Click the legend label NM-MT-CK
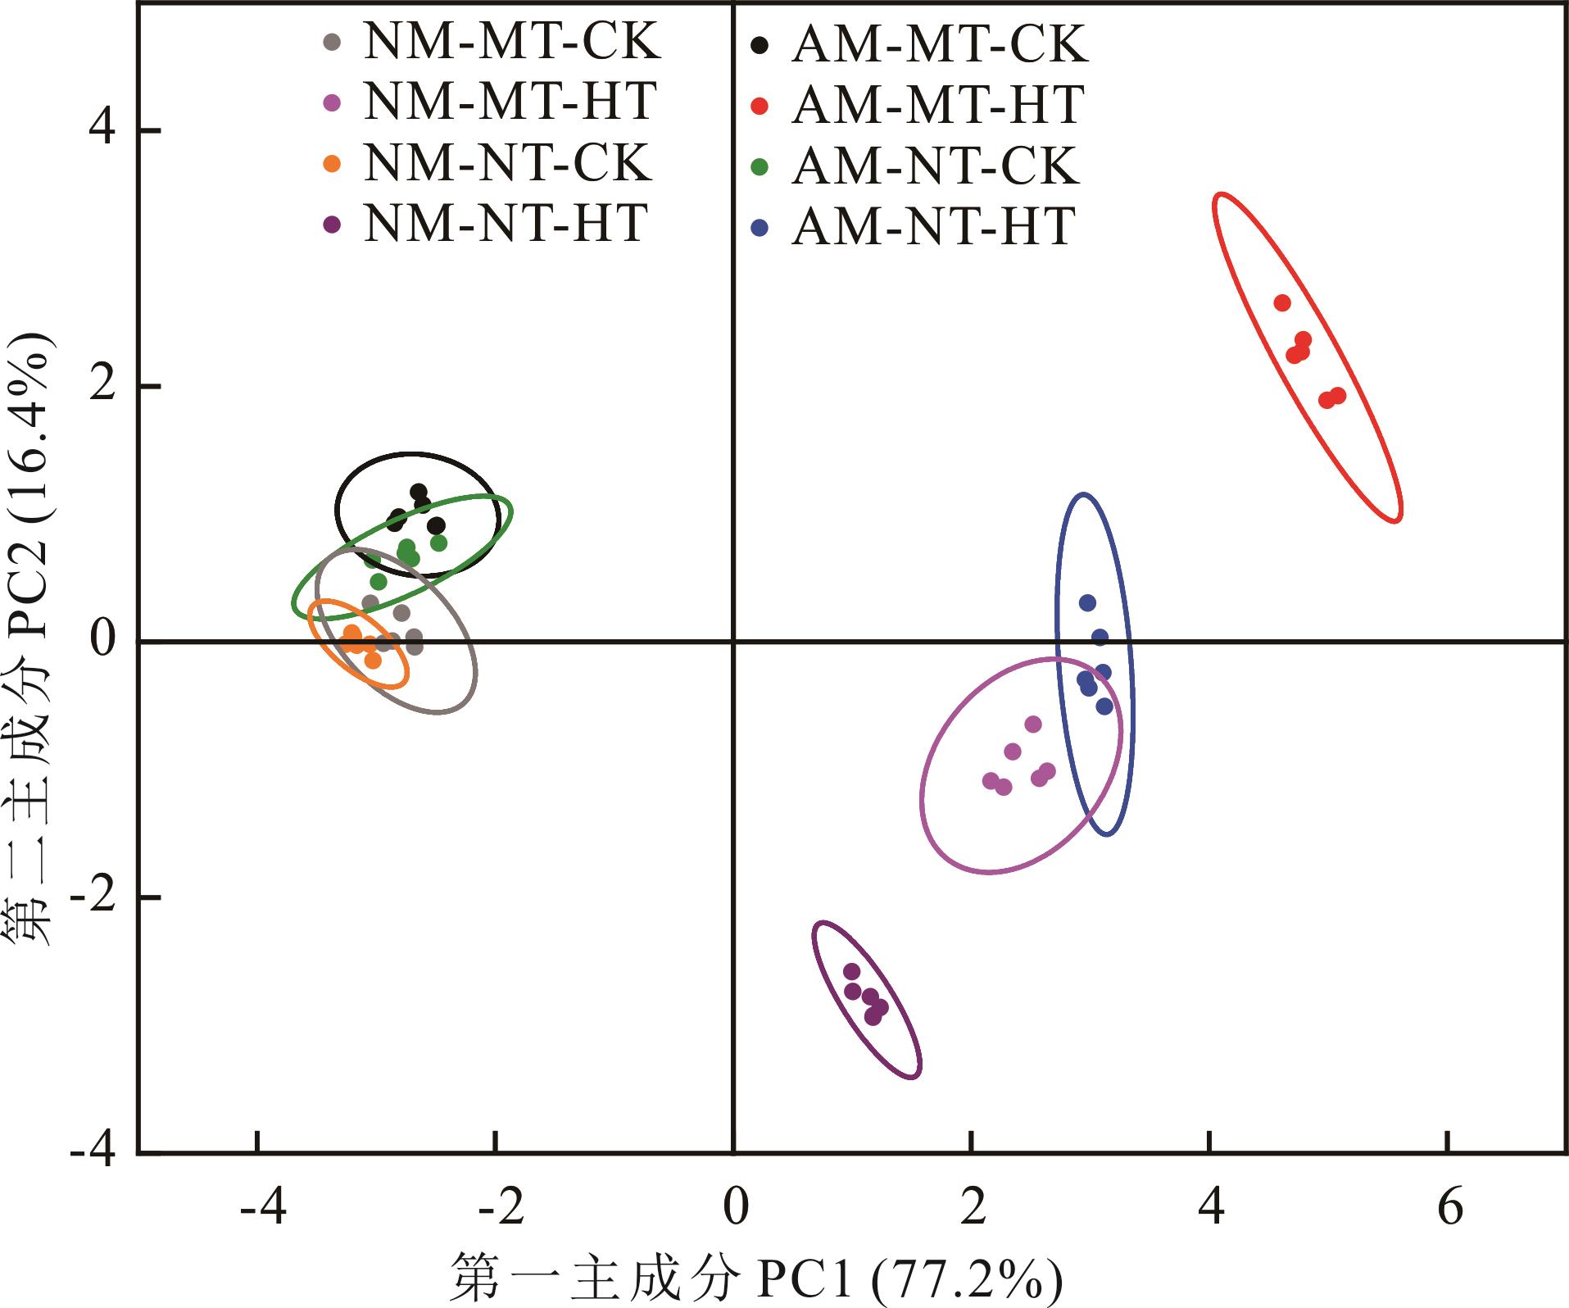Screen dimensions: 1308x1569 pyautogui.click(x=511, y=41)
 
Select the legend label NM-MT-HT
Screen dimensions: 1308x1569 pyautogui.click(x=510, y=102)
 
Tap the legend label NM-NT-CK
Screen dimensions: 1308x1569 pyautogui.click(x=507, y=163)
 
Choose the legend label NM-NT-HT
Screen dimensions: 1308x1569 pyautogui.click(x=506, y=224)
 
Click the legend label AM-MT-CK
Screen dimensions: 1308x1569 pyautogui.click(x=940, y=45)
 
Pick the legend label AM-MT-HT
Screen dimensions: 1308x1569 pyautogui.click(x=938, y=106)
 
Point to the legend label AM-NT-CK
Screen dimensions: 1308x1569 pyautogui.click(x=935, y=166)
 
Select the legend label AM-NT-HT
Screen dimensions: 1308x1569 pyautogui.click(x=933, y=227)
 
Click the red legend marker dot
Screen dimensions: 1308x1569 pyautogui.click(x=760, y=107)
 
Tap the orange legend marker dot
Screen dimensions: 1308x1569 pyautogui.click(x=332, y=163)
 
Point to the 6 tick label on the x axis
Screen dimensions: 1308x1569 pyautogui.click(x=1450, y=1208)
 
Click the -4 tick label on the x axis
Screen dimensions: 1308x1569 pyautogui.click(x=264, y=1208)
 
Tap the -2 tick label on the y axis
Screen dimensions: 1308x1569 pyautogui.click(x=93, y=898)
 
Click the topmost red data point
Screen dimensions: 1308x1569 pyautogui.click(x=1282, y=303)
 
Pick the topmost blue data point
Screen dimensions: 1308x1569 pyautogui.click(x=1087, y=603)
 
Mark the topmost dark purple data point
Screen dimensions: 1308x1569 pyautogui.click(x=852, y=972)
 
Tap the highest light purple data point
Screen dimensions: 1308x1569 pyautogui.click(x=1033, y=724)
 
